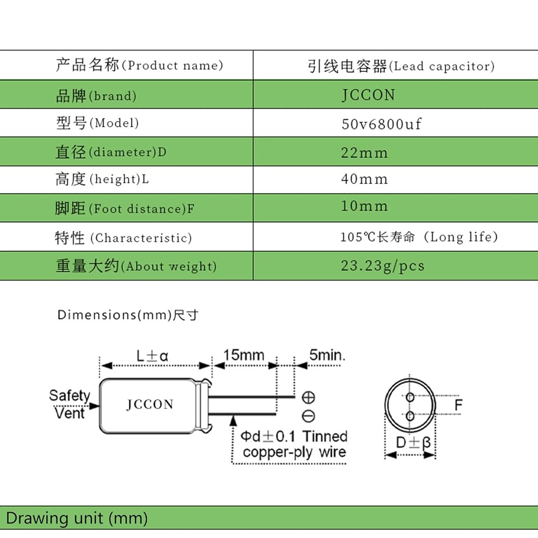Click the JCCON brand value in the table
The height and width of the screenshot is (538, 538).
click(x=368, y=95)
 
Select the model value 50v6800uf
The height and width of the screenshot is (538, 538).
click(x=381, y=124)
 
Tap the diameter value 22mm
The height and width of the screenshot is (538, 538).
click(x=364, y=153)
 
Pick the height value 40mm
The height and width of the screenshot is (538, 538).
click(x=364, y=179)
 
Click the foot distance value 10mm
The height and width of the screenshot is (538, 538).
click(x=364, y=206)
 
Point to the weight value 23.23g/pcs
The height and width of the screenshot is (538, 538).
click(x=383, y=266)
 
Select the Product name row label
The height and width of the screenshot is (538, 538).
click(x=139, y=65)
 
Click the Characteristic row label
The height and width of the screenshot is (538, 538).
click(x=123, y=237)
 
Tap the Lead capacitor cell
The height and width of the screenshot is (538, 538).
click(x=401, y=66)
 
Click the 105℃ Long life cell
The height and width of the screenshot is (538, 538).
click(x=419, y=237)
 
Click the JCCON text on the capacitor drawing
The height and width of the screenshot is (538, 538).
click(x=150, y=404)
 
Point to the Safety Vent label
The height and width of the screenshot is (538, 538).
click(x=69, y=404)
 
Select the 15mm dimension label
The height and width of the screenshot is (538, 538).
click(x=244, y=355)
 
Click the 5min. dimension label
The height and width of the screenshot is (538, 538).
click(x=327, y=355)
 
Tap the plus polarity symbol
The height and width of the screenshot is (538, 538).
click(x=308, y=398)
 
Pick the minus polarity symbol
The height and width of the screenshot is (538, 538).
click(x=308, y=416)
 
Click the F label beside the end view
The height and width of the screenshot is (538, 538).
click(x=458, y=405)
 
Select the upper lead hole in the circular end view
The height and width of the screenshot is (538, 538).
click(x=410, y=397)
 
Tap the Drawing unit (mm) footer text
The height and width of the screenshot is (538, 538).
click(x=77, y=518)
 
